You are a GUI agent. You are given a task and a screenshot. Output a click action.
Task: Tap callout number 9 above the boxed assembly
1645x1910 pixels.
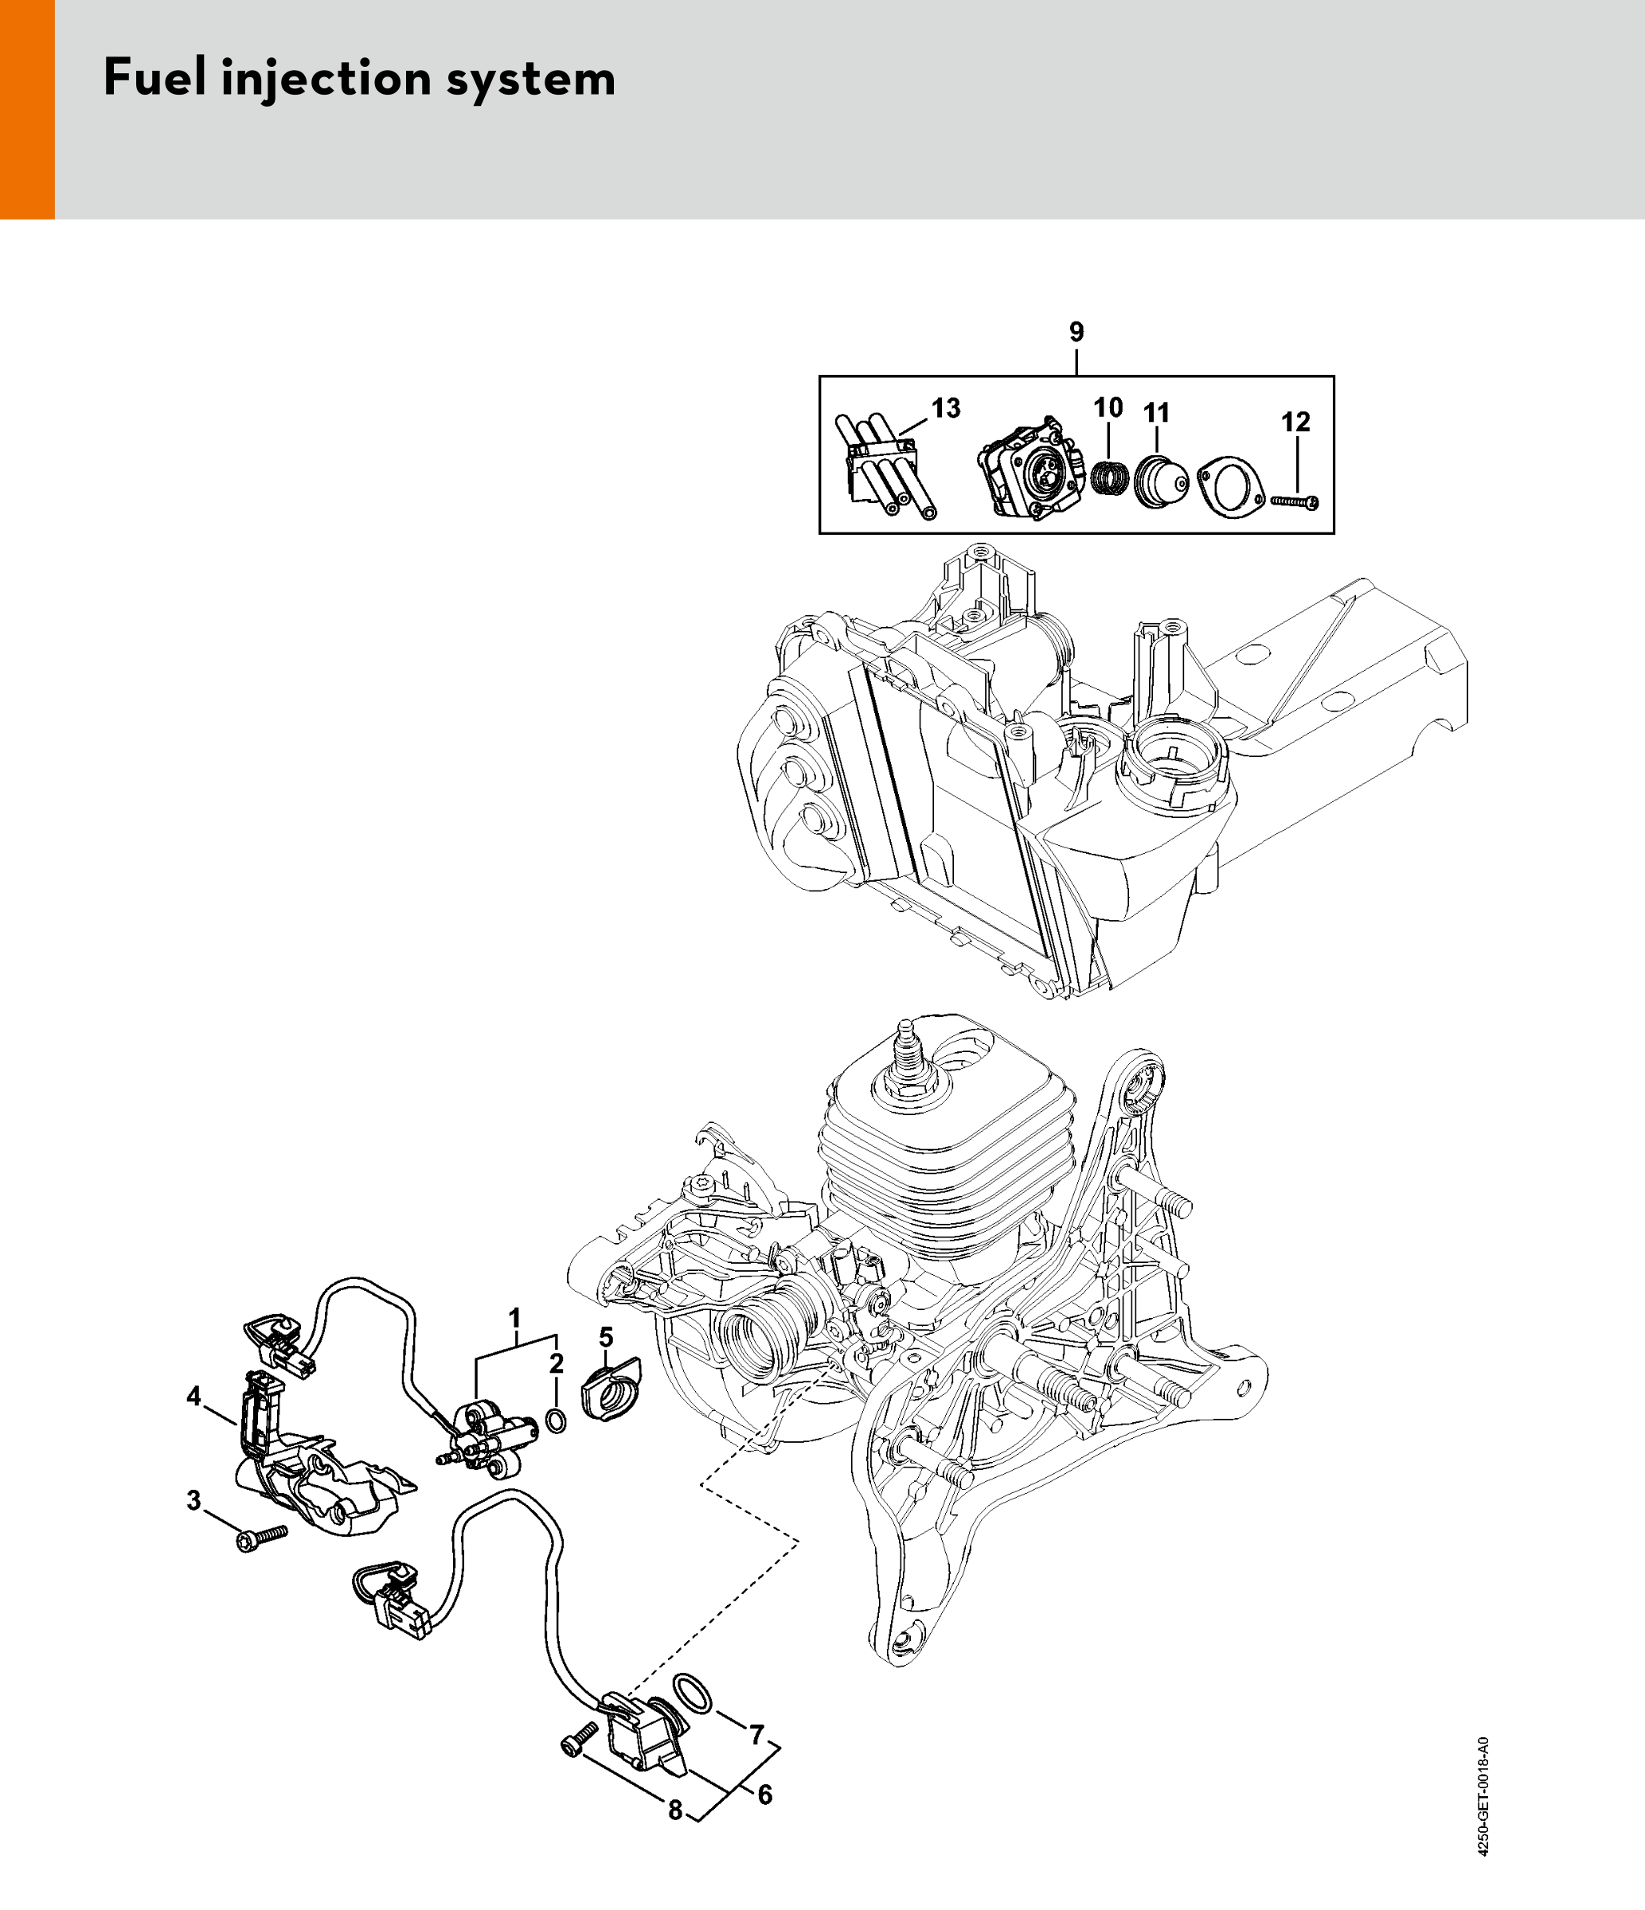click(1077, 333)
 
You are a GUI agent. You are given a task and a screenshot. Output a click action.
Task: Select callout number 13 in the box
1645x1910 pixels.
click(946, 407)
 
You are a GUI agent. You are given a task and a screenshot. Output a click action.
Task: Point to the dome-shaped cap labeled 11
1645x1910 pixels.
click(1160, 479)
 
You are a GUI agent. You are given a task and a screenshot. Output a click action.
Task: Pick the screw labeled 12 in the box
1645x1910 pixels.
click(1295, 501)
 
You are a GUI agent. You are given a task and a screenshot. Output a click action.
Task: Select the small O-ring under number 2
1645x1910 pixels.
click(557, 1421)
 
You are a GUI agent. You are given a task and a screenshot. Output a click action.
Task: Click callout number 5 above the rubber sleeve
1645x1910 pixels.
click(606, 1335)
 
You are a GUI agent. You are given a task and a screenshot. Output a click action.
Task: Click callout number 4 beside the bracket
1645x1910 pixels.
click(193, 1397)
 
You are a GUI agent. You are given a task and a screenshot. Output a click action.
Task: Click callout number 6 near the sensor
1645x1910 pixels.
click(764, 1795)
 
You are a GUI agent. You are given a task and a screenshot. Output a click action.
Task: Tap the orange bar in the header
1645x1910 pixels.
click(27, 110)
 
